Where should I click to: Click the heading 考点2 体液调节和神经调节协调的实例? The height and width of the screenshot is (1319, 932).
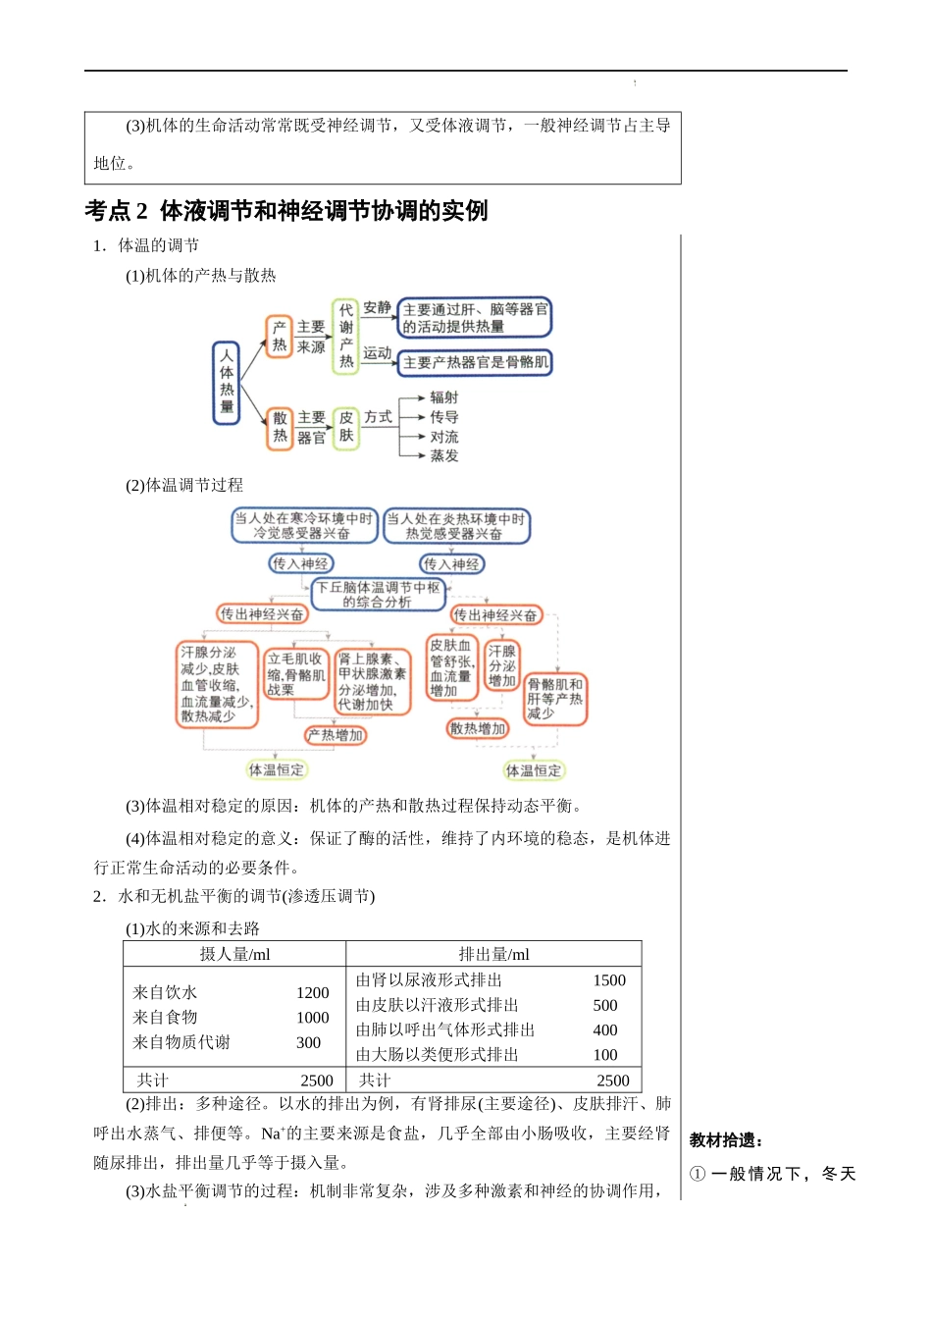click(x=285, y=211)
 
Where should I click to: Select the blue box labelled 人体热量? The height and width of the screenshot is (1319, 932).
click(x=227, y=382)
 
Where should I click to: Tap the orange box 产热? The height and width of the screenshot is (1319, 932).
click(x=280, y=336)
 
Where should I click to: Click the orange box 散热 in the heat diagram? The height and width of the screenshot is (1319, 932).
click(x=280, y=427)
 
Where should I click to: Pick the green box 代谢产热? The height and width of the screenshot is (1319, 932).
click(x=345, y=336)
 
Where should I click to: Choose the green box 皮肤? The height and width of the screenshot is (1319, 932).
click(x=345, y=427)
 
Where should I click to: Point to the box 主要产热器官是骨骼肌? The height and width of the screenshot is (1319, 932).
click(x=476, y=362)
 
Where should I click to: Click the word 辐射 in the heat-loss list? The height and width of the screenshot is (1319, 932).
click(x=443, y=397)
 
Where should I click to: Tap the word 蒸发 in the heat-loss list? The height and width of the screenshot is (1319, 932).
click(x=443, y=455)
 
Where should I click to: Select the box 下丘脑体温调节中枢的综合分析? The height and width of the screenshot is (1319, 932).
click(x=378, y=595)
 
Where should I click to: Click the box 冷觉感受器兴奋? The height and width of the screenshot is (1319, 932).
click(x=302, y=526)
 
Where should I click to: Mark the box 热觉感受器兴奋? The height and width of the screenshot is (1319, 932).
click(x=455, y=526)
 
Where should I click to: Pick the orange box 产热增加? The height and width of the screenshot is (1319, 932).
click(x=336, y=735)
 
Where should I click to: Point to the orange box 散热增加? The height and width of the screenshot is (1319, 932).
click(x=478, y=728)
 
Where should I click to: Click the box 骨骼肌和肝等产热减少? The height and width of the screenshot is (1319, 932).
click(x=555, y=699)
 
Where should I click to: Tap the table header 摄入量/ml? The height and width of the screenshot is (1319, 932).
click(x=234, y=954)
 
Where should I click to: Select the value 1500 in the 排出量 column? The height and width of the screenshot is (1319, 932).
click(x=609, y=980)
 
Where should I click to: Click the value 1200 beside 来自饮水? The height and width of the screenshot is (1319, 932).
click(x=313, y=993)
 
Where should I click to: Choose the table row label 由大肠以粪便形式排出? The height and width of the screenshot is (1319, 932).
click(x=437, y=1055)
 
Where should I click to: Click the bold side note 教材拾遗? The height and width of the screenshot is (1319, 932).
click(x=726, y=1140)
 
